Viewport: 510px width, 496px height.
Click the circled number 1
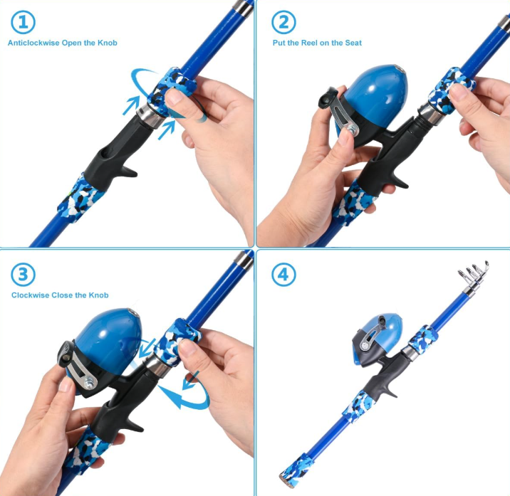click(x=23, y=22)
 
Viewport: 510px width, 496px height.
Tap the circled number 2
click(x=283, y=22)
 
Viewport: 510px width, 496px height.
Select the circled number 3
click(x=23, y=275)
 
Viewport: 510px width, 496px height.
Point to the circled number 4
click(x=283, y=275)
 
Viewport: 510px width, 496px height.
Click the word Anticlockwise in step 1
click(x=33, y=43)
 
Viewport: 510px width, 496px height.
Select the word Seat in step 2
click(x=353, y=43)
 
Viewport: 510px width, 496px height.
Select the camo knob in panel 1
click(x=172, y=90)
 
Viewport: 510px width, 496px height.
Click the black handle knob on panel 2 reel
click(x=328, y=97)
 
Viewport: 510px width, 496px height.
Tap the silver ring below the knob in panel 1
click(x=150, y=115)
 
